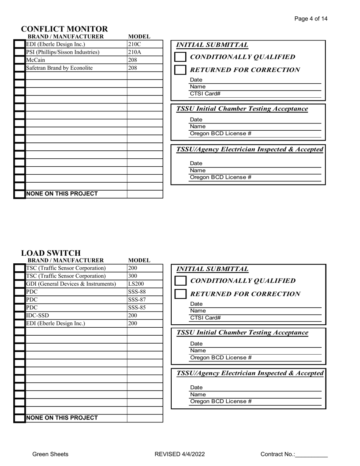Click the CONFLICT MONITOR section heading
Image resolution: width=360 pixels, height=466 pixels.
click(x=64, y=29)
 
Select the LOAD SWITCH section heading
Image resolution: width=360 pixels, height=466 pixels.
click(x=51, y=253)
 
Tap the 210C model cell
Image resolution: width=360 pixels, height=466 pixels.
click(x=145, y=44)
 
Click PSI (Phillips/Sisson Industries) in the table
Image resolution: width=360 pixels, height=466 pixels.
click(x=76, y=52)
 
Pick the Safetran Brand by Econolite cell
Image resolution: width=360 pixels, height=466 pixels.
click(x=76, y=68)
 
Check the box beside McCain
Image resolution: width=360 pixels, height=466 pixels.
click(x=20, y=60)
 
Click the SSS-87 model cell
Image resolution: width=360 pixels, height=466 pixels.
click(x=145, y=300)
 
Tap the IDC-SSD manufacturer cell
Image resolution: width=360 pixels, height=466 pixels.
click(x=76, y=316)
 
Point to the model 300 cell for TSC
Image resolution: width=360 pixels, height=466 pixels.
click(x=145, y=276)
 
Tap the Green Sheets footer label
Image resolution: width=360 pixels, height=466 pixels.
click(x=50, y=454)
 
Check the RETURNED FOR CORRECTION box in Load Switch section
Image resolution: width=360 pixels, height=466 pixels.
click(x=181, y=294)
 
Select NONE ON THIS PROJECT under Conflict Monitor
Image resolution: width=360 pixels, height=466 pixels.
click(x=61, y=194)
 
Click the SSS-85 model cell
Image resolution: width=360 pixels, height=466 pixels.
click(x=145, y=308)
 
